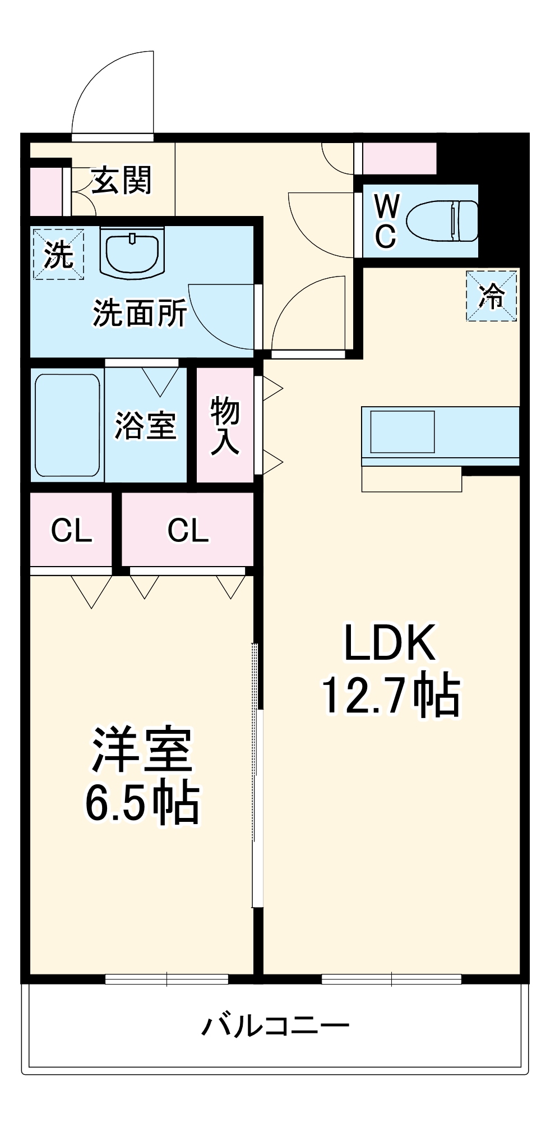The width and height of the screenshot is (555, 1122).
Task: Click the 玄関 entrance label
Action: [x=122, y=180]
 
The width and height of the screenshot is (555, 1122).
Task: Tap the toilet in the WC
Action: [x=442, y=220]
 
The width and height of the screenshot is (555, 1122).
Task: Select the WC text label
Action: [x=386, y=220]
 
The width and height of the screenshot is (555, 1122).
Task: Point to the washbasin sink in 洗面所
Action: [x=133, y=253]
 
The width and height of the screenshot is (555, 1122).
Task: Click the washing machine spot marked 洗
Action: [x=58, y=254]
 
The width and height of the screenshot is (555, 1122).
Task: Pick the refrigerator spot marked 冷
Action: [x=492, y=296]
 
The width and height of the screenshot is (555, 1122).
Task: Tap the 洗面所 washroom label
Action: [x=140, y=313]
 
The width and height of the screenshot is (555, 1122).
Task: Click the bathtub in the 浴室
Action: [x=67, y=425]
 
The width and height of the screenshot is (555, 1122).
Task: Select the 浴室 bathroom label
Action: [x=146, y=425]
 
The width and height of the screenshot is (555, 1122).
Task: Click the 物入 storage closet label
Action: [x=225, y=425]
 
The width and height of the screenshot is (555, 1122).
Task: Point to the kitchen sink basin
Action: [x=402, y=431]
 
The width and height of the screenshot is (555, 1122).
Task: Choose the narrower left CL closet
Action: [x=71, y=529]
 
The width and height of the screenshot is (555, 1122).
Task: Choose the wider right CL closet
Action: [x=188, y=529]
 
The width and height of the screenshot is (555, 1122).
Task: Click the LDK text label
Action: [x=390, y=643]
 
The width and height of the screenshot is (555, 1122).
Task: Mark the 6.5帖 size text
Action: [x=142, y=802]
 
